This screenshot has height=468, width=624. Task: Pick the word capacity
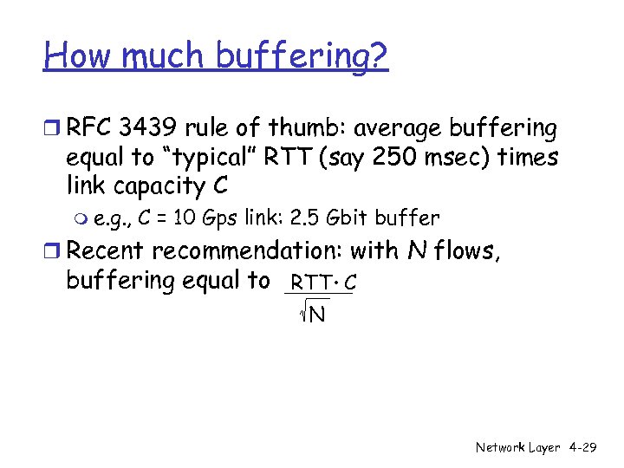153,186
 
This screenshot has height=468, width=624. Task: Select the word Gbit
346,218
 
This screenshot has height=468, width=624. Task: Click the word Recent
107,251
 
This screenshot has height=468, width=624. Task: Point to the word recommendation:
249,251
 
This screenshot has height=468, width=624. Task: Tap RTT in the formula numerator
309,282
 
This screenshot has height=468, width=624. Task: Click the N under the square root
317,313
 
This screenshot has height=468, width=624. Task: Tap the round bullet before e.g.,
82,218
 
